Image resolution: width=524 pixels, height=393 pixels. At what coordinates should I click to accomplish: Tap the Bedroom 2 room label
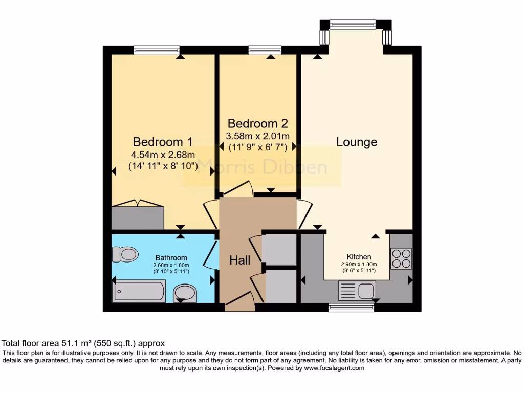257,123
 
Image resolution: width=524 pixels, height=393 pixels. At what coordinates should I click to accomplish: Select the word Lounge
357,142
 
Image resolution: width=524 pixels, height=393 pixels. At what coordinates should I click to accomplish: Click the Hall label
239,260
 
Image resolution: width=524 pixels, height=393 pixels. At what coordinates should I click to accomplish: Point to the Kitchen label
359,257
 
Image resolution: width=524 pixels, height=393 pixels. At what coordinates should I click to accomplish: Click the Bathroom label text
171,258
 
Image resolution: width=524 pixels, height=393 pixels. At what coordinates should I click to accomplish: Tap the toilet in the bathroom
125,254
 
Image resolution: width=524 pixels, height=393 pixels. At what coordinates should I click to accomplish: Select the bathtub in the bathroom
139,291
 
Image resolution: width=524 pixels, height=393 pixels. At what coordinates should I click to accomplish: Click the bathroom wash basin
184,293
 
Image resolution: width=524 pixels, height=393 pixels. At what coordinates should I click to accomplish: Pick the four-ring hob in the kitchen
401,258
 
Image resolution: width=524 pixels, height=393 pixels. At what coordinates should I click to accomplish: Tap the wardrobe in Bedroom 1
138,217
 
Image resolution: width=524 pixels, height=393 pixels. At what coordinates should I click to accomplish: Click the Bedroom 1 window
157,50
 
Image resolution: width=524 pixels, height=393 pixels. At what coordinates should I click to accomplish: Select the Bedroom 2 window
265,50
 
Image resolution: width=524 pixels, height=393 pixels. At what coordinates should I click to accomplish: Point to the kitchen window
351,308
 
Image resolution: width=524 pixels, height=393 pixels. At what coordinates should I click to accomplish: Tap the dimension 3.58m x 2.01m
258,136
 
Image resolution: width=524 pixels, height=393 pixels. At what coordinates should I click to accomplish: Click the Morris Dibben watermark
261,166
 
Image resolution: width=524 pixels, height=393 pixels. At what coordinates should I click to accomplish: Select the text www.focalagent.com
334,368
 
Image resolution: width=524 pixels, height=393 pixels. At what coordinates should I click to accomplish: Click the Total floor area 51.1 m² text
83,343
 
